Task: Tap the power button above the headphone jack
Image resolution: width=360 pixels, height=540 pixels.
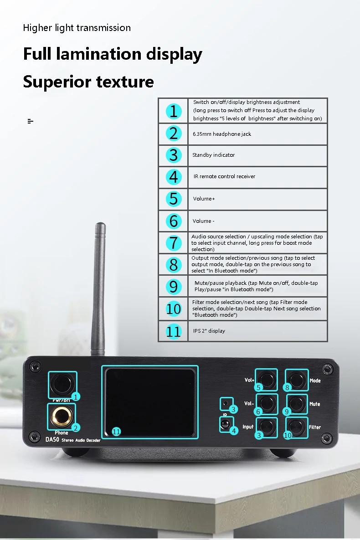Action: [62, 385]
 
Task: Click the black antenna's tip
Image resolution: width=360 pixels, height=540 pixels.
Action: [100, 224]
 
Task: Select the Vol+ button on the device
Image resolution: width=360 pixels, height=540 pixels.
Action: [267, 380]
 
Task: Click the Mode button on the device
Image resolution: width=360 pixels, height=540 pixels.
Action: [297, 380]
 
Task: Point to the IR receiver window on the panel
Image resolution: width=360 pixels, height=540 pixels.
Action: [225, 424]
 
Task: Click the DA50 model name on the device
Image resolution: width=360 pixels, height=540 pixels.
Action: [52, 440]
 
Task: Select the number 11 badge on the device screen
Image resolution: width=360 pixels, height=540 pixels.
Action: [117, 432]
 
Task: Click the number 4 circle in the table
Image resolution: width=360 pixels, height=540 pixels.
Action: [174, 177]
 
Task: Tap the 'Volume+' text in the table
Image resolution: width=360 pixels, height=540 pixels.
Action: [204, 199]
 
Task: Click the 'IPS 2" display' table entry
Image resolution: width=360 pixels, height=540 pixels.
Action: [209, 331]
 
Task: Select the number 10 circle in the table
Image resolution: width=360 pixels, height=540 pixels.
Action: [174, 309]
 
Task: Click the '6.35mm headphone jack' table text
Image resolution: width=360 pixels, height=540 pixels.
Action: [222, 134]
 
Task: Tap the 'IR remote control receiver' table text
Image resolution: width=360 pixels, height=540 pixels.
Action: [224, 176]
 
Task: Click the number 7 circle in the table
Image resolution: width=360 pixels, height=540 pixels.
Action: [174, 243]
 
